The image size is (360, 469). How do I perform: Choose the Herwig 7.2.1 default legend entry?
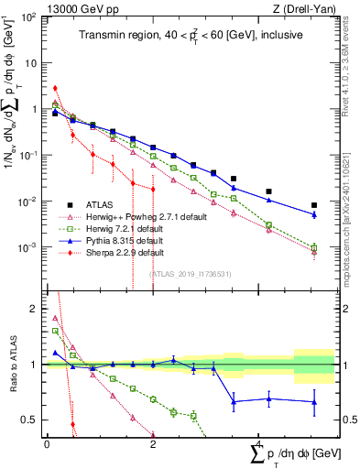point(129,228)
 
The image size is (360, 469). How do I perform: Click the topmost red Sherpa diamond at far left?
point(55,89)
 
